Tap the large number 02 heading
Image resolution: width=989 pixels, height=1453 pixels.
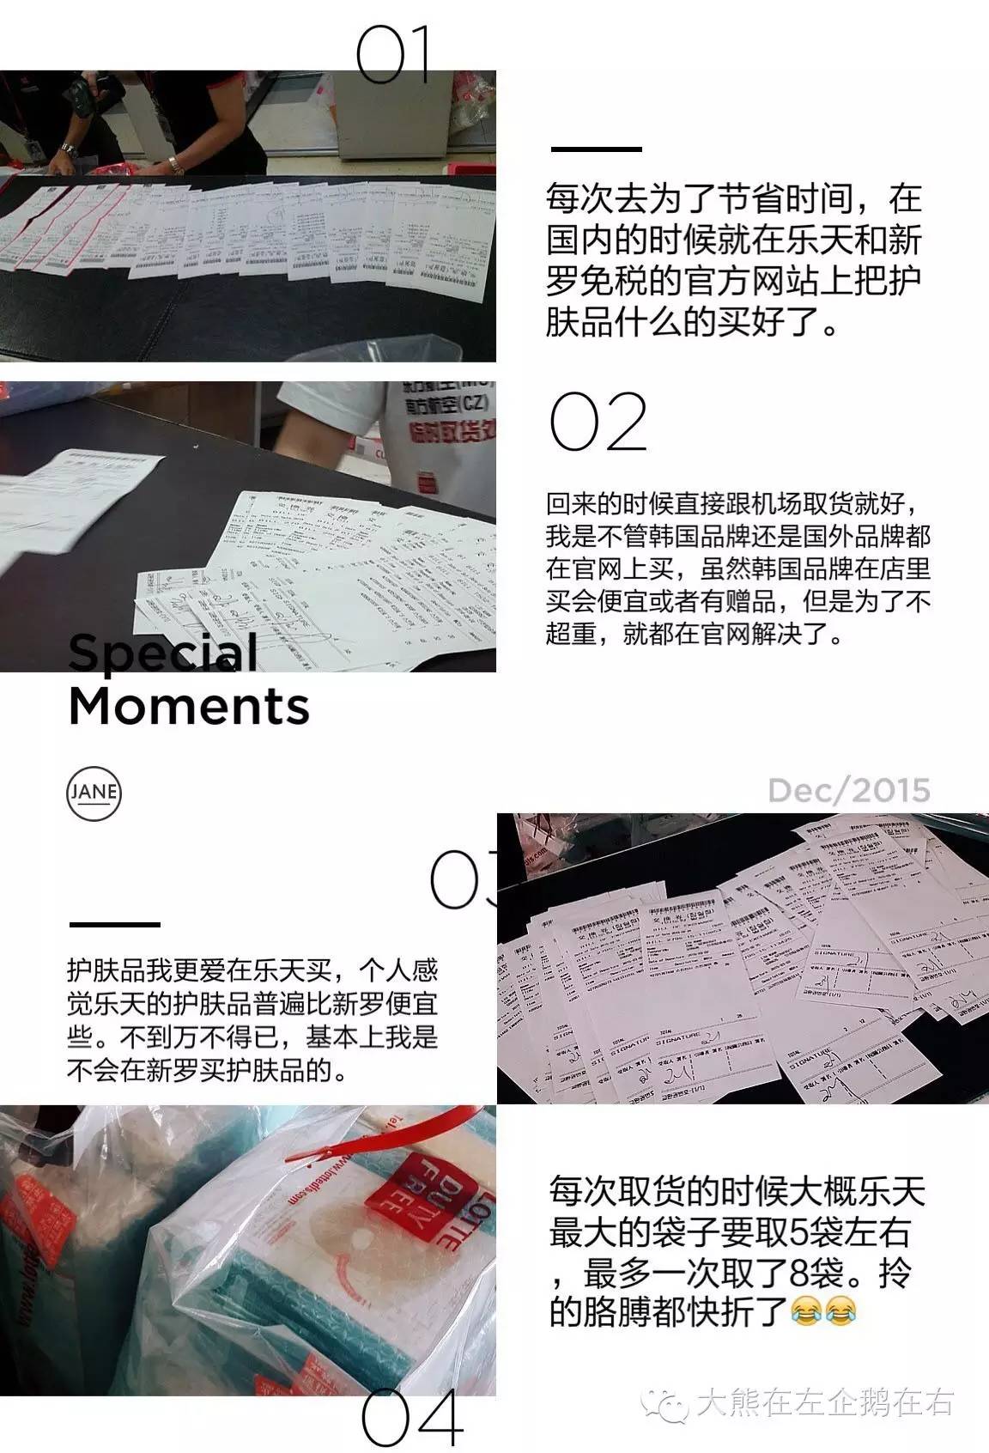point(598,422)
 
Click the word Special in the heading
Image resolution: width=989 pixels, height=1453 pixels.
point(163,653)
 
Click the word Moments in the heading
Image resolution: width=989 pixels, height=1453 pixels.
point(188,706)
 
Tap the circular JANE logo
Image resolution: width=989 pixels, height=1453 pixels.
point(94,792)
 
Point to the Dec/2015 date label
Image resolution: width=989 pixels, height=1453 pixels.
point(848,789)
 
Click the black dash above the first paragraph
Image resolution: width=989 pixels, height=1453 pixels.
point(596,149)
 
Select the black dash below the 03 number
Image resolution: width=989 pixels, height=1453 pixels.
point(114,924)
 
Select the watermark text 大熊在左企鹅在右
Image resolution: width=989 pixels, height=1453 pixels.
point(824,1402)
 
